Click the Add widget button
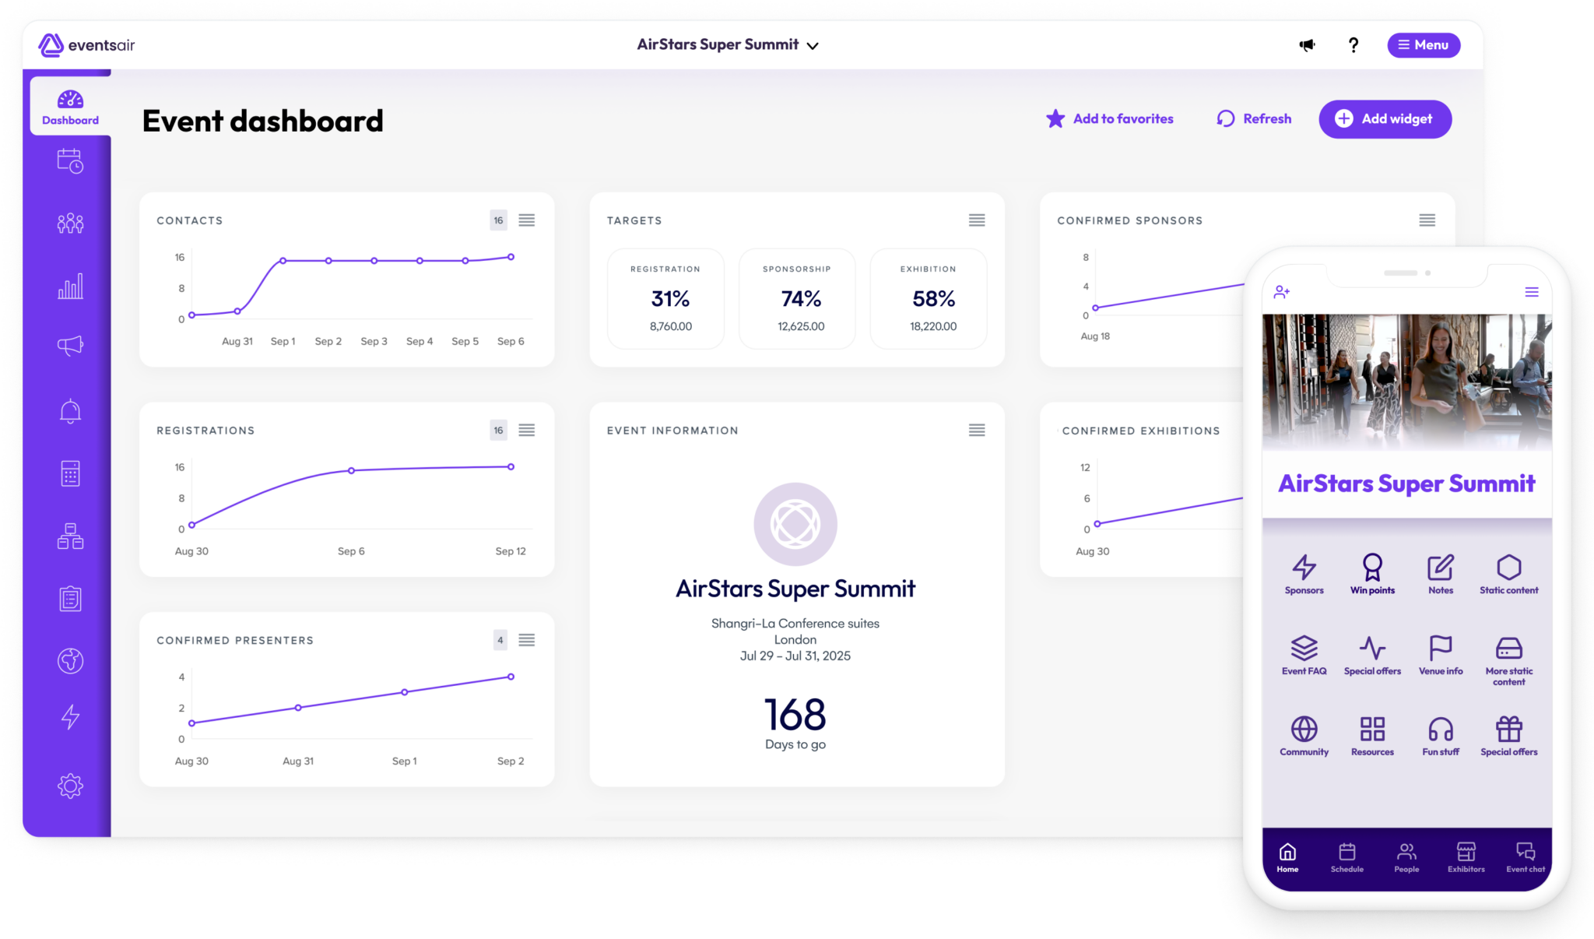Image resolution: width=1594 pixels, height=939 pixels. click(1385, 119)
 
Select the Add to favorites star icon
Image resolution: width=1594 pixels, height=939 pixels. click(1055, 119)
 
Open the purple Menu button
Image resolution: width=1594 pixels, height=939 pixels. click(1423, 45)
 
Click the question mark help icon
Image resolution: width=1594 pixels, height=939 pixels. click(1353, 45)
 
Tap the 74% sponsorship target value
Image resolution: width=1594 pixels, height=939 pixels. click(801, 299)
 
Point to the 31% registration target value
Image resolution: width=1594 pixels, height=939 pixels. click(670, 299)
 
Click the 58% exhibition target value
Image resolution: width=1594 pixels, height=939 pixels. click(933, 299)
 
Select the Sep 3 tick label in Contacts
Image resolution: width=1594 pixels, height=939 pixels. click(374, 341)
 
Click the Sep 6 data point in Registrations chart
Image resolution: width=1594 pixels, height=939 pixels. click(351, 471)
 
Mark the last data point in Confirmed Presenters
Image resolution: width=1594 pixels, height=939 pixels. click(511, 677)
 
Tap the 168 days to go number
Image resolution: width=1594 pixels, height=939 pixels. click(795, 715)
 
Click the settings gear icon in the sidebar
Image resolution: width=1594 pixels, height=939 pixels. click(70, 786)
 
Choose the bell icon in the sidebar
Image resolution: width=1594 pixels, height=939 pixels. click(70, 411)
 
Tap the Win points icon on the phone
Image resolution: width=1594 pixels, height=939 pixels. click(1372, 568)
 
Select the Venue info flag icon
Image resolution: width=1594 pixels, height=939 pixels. click(1441, 648)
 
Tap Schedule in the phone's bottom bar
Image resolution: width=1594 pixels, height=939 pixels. click(1346, 856)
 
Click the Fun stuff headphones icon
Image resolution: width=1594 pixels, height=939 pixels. click(1441, 730)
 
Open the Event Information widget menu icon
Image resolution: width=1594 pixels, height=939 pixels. click(977, 431)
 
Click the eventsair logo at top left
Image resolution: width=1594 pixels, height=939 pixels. click(86, 45)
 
